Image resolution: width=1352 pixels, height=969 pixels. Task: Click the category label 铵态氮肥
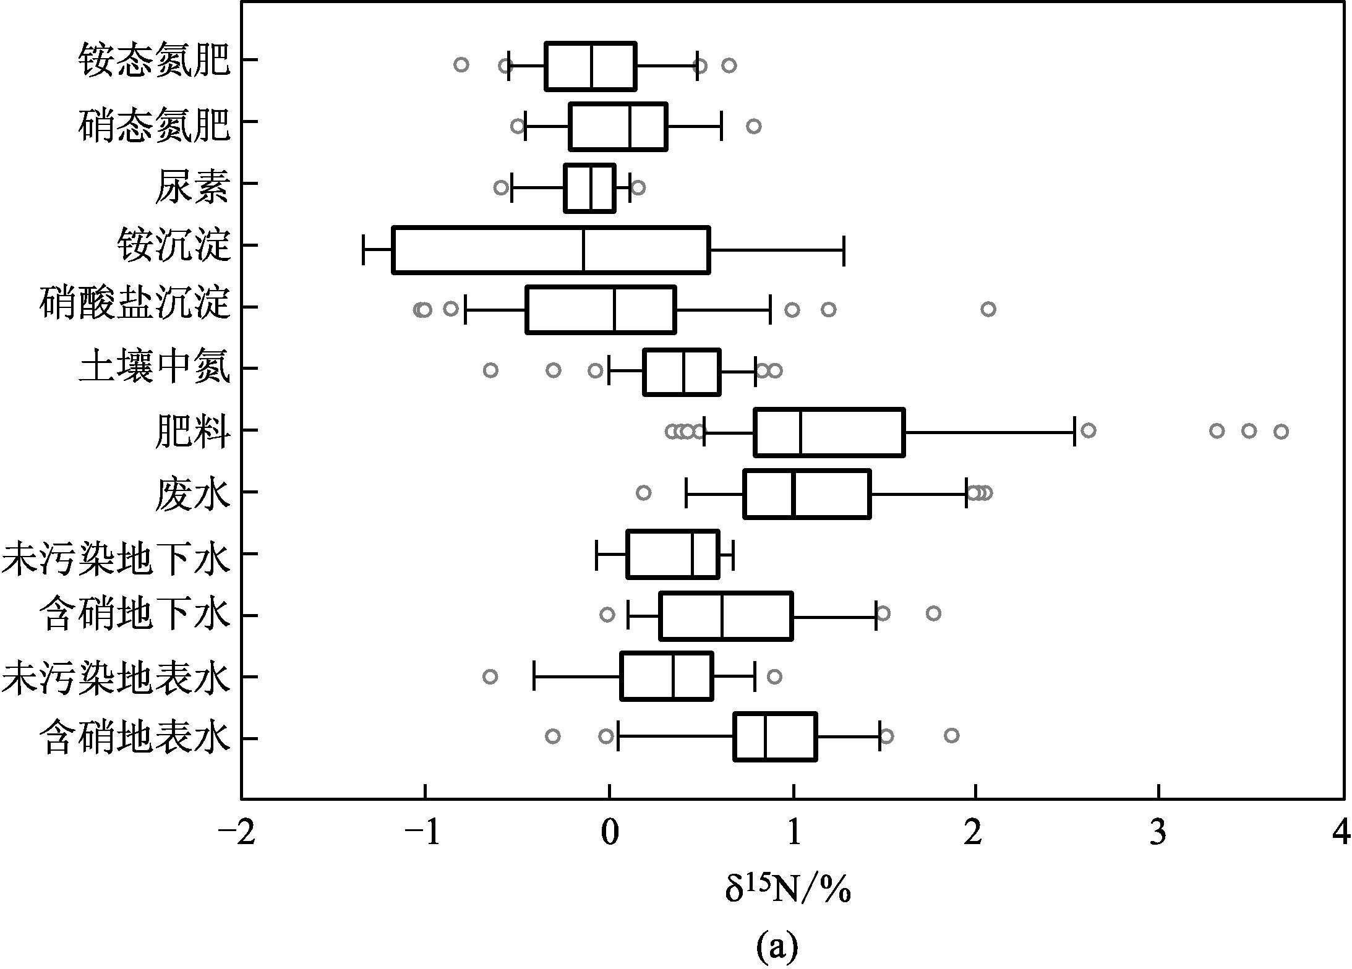pyautogui.click(x=154, y=61)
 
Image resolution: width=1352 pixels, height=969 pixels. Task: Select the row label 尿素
pyautogui.click(x=192, y=186)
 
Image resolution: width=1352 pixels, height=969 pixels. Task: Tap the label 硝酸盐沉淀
pyautogui.click(x=134, y=305)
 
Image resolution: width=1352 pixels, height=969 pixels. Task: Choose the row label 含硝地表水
pyautogui.click(x=134, y=738)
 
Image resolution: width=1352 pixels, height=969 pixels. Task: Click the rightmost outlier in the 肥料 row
pyautogui.click(x=1281, y=432)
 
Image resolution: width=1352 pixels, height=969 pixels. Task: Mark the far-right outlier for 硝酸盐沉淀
pyautogui.click(x=988, y=309)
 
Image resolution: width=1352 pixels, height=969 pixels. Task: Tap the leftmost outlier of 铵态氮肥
pyautogui.click(x=461, y=65)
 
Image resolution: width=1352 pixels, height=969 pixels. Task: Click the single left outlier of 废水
pyautogui.click(x=643, y=493)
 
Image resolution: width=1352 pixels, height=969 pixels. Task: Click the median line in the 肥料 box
pyautogui.click(x=800, y=433)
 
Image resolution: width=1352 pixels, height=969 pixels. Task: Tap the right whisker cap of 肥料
pyautogui.click(x=1074, y=432)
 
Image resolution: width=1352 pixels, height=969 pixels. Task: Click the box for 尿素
pyautogui.click(x=589, y=188)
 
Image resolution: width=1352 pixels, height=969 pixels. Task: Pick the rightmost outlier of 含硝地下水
pyautogui.click(x=933, y=613)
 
